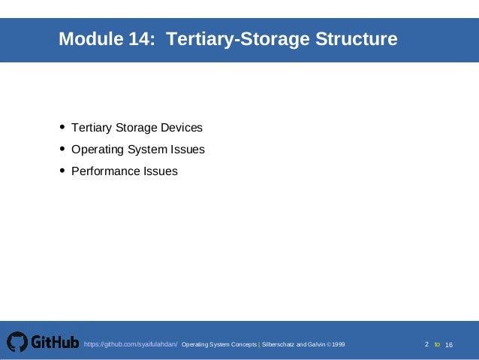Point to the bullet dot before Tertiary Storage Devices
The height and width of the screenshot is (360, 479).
point(62,127)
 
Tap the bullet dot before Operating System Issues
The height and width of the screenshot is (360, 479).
point(62,149)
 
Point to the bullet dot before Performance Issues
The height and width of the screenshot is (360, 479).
point(62,171)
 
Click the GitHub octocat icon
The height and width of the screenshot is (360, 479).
point(17,343)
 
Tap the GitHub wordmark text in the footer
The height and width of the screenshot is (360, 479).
point(55,343)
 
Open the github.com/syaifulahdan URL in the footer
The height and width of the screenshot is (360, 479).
point(131,344)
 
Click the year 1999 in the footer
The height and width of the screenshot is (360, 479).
point(338,344)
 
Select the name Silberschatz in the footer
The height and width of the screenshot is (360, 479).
point(278,344)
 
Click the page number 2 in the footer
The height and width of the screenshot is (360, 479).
point(426,344)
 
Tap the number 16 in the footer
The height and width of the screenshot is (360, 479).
point(449,344)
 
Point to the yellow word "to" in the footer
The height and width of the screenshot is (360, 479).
point(438,344)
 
